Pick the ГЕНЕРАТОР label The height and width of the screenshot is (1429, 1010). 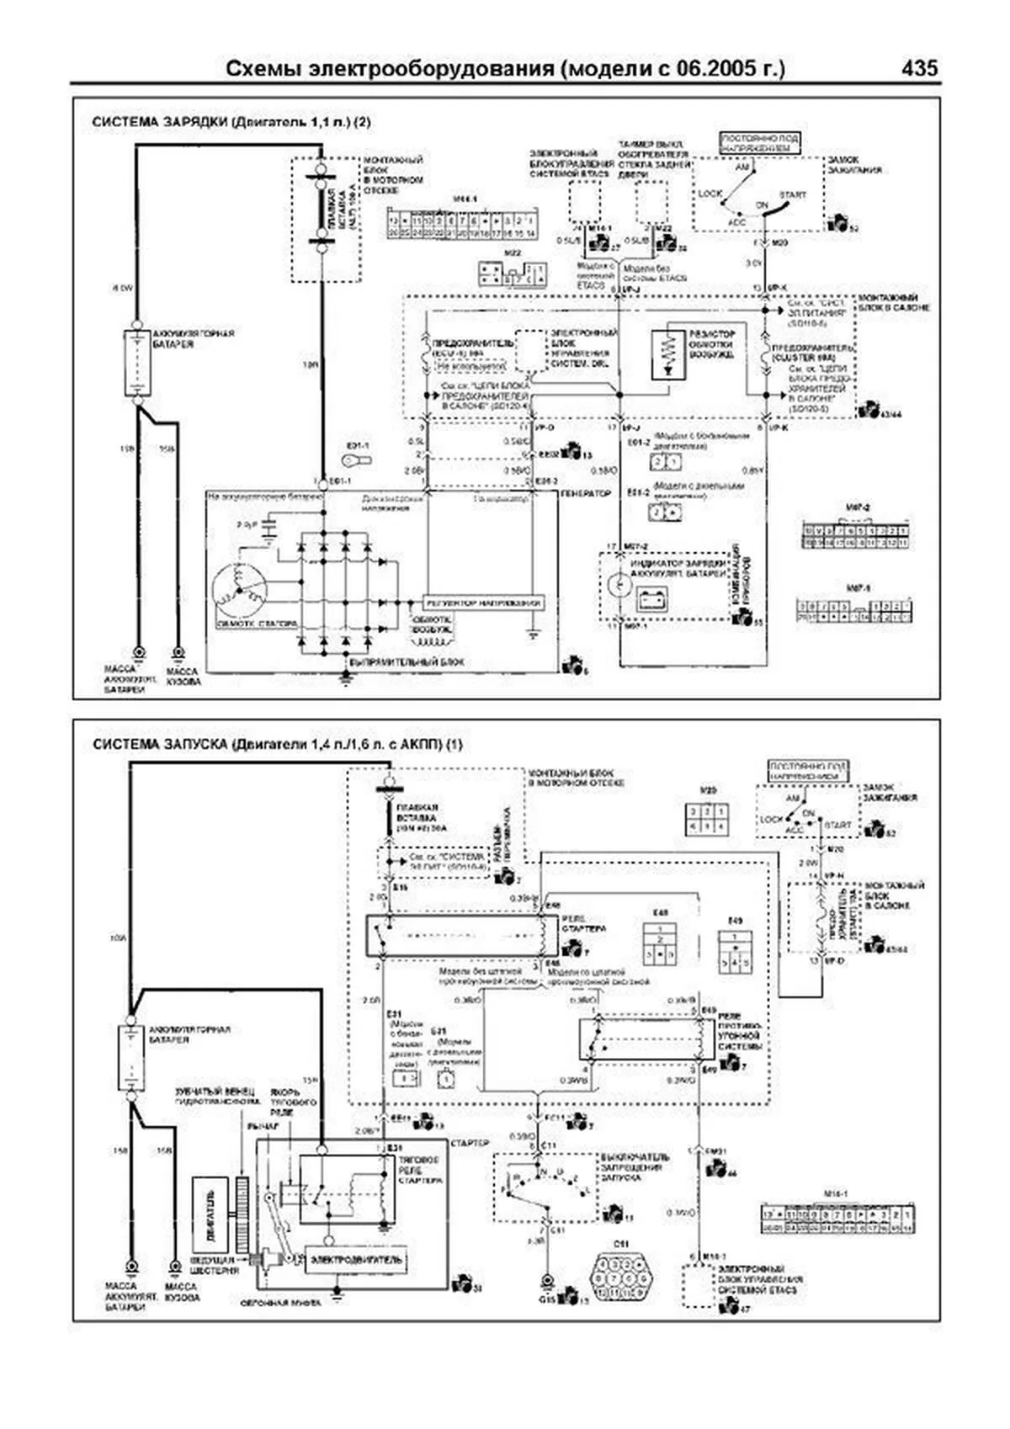coord(587,493)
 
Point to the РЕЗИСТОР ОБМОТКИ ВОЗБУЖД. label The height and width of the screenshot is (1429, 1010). coord(712,343)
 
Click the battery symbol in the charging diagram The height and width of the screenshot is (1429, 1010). coord(136,363)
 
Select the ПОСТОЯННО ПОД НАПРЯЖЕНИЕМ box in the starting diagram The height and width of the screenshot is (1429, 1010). coord(808,771)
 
